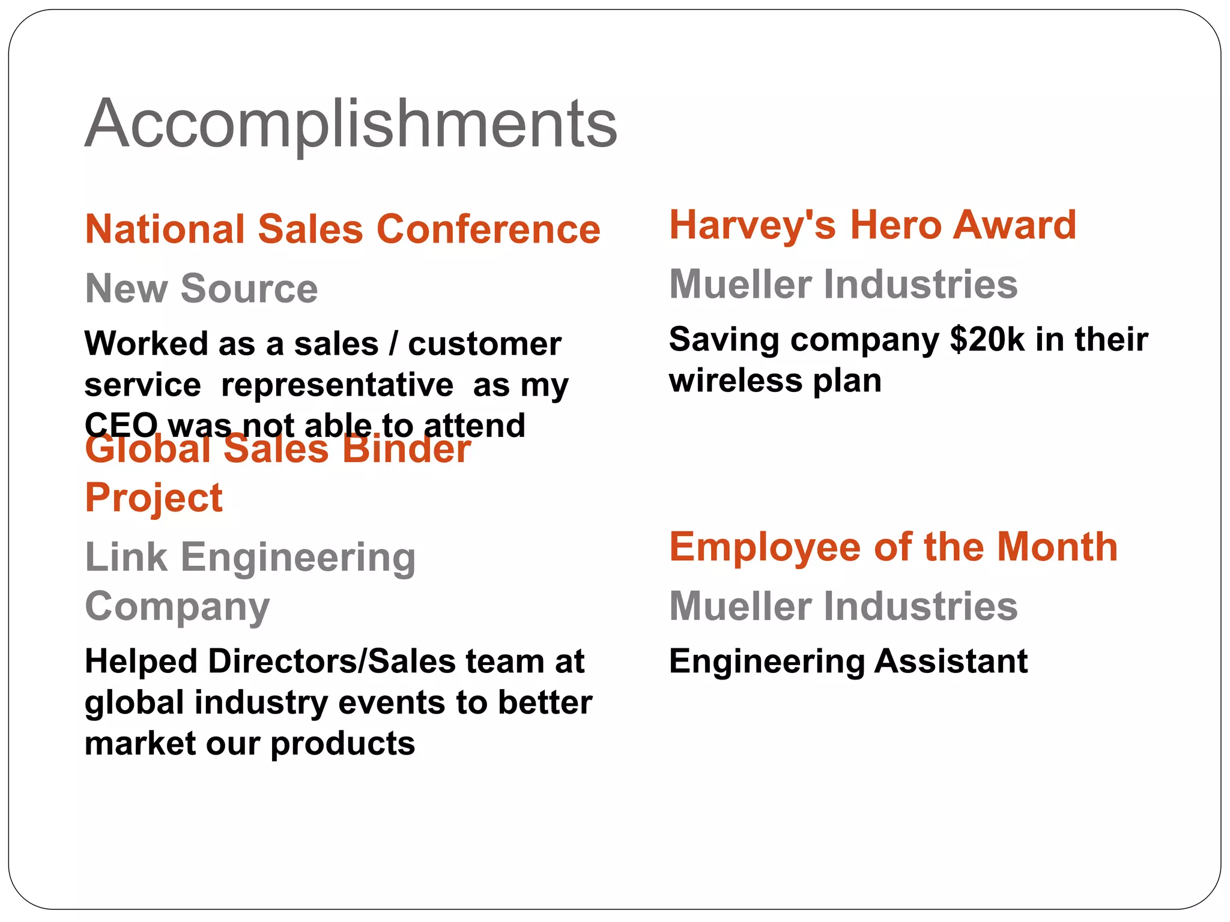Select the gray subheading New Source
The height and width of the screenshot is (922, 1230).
[201, 288]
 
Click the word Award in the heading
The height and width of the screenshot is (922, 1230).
[1015, 225]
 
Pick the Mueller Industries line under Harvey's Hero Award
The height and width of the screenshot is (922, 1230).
[843, 284]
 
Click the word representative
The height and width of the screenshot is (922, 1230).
[337, 385]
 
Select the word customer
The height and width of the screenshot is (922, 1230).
[485, 344]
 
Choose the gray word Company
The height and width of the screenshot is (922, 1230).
[177, 606]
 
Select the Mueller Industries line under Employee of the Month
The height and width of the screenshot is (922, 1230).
[843, 606]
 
